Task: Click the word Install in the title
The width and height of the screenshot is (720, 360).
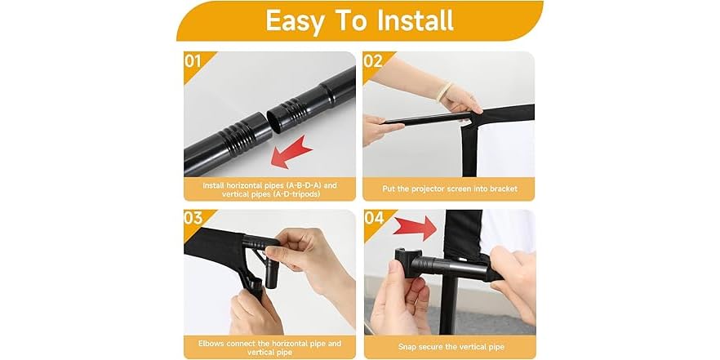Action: pos(413,20)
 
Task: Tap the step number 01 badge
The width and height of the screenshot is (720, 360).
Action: pos(194,61)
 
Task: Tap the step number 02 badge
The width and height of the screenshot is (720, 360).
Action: pos(373,61)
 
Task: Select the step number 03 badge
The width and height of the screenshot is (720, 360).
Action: pos(194,219)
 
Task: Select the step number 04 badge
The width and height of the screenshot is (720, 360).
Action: pos(373,219)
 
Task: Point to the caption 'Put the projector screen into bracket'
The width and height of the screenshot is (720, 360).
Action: pos(448,189)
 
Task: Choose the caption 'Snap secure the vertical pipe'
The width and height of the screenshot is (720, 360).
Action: pos(448,346)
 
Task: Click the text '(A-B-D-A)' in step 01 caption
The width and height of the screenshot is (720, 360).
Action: pos(285,184)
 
